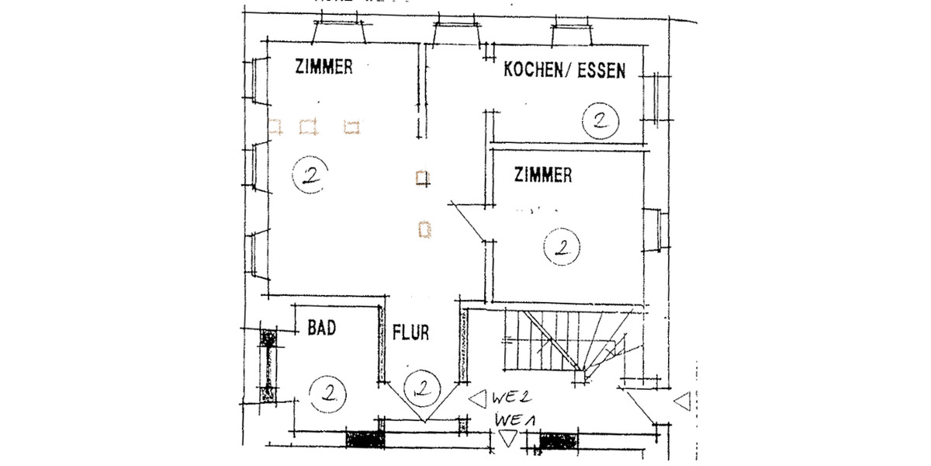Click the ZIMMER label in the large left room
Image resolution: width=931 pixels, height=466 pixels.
tap(324, 68)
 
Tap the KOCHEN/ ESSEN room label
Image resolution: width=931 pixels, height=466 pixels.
tap(564, 71)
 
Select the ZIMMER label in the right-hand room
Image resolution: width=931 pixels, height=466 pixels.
tap(543, 176)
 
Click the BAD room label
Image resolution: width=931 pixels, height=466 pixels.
tap(321, 329)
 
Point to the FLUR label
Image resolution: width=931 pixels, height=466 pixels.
tap(410, 333)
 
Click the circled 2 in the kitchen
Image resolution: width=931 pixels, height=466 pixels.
tap(599, 120)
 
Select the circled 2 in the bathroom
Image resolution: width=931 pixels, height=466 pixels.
tap(325, 392)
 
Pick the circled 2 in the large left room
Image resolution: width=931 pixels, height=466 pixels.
tap(309, 174)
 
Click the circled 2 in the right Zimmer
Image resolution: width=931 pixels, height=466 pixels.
tap(561, 248)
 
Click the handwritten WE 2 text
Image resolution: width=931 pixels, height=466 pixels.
tap(510, 398)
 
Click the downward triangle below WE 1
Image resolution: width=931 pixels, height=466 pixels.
tap(507, 439)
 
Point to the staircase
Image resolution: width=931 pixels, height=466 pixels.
tap(570, 342)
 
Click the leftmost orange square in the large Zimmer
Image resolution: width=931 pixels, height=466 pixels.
tap(275, 126)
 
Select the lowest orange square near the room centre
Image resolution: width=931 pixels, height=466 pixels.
tap(424, 229)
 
